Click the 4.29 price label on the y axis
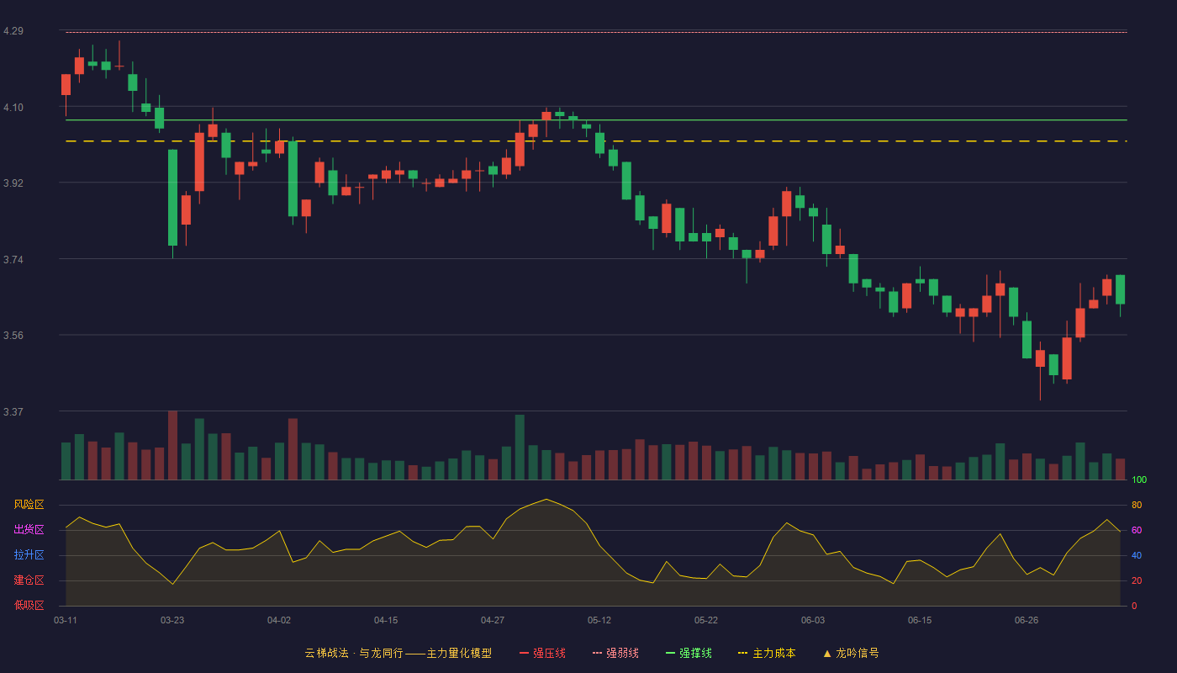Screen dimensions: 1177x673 coord(13,31)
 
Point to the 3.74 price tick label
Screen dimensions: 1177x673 coord(13,259)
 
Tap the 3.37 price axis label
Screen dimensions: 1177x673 coord(13,411)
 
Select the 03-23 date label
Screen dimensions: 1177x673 coord(172,621)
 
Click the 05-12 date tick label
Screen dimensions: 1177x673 coord(599,621)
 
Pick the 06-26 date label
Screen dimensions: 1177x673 coord(1027,621)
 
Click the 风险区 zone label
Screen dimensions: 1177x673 coord(29,505)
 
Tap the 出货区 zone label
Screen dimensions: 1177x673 coord(29,529)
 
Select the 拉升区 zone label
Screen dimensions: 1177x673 coord(29,554)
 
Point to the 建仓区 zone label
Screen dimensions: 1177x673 coord(29,580)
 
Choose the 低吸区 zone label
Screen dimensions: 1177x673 coord(29,605)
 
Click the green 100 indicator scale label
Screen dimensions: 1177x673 coord(1139,480)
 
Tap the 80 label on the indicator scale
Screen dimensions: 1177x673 coord(1137,505)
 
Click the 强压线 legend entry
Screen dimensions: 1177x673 coord(542,653)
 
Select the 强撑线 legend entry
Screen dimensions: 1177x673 coord(689,653)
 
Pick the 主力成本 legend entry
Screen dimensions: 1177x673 coord(767,653)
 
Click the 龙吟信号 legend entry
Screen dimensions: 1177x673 coord(851,653)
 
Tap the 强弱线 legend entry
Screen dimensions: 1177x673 coord(615,653)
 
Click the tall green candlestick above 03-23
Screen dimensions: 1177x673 coord(172,198)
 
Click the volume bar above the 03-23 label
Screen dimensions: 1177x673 coord(172,445)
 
